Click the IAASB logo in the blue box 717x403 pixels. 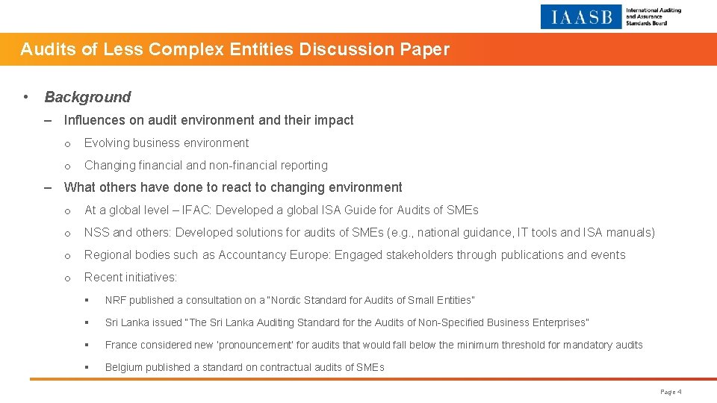(581, 16)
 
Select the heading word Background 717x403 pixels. (87, 97)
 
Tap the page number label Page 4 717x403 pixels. (671, 392)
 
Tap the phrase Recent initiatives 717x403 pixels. (131, 277)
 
